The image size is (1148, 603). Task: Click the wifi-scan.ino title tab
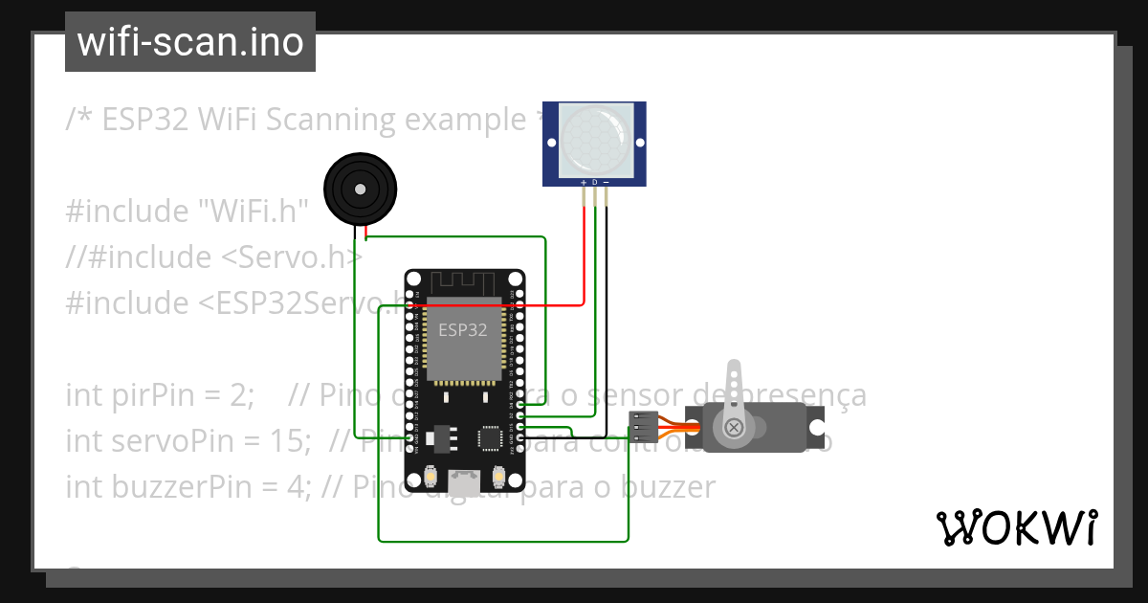189,42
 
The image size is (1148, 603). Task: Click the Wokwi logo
1015,527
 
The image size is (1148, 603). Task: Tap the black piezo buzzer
359,190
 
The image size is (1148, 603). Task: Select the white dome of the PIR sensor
594,140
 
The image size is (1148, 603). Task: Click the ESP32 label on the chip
463,330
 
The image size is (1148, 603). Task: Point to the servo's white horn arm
734,388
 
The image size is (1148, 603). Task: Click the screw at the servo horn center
734,427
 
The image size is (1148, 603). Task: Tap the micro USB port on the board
464,481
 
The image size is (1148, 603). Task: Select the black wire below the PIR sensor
607,306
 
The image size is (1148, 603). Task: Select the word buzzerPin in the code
161,487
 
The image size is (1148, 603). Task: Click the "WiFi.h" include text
254,212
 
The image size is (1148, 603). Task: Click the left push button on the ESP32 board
431,476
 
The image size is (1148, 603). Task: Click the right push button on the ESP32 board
497,476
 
